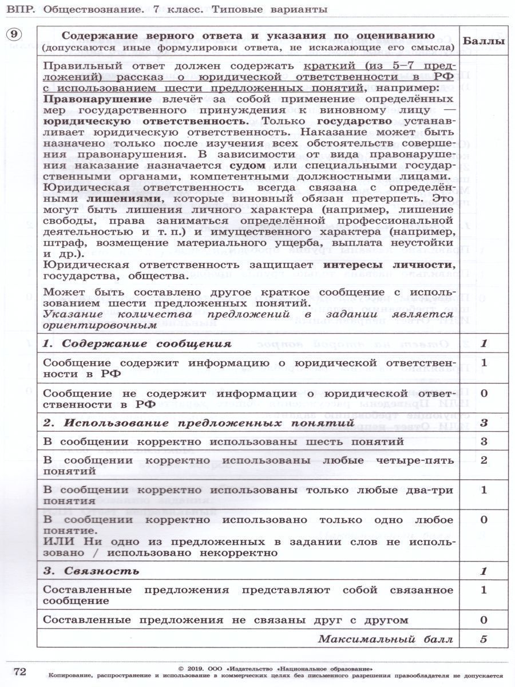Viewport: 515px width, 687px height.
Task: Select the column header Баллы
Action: (484, 41)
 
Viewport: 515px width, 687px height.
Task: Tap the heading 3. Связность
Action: (92, 571)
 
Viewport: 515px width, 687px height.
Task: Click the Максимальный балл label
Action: (386, 639)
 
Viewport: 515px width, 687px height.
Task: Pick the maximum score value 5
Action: (484, 639)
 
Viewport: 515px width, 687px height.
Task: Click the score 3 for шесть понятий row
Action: (484, 441)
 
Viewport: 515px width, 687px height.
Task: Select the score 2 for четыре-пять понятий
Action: (484, 460)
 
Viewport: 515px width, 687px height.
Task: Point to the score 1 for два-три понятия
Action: (484, 490)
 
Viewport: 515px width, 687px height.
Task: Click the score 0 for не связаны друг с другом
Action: (484, 620)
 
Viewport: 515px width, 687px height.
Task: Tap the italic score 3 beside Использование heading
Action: (484, 423)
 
